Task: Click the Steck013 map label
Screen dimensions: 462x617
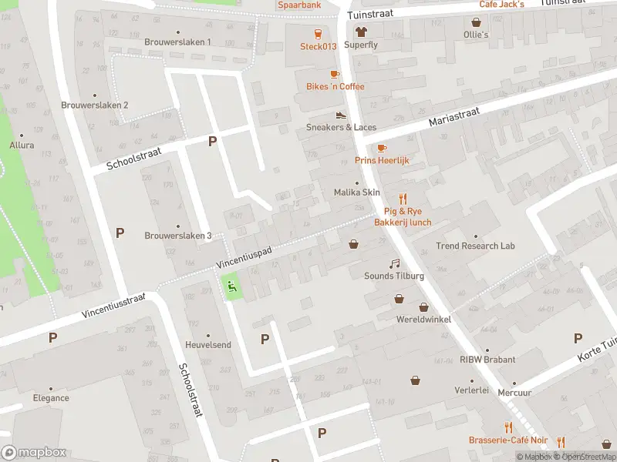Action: [x=319, y=46]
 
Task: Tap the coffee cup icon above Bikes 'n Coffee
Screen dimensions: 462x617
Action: [x=335, y=74]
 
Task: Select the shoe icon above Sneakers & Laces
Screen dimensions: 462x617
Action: [x=341, y=115]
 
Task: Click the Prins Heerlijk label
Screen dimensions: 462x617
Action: [x=382, y=160]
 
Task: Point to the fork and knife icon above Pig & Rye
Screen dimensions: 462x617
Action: [x=402, y=198]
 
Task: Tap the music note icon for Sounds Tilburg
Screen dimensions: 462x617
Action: [x=395, y=263]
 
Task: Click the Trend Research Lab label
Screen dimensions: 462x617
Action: [x=475, y=246]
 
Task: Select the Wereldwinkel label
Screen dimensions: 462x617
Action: [x=423, y=319]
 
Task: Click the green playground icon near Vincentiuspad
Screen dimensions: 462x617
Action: [x=231, y=287]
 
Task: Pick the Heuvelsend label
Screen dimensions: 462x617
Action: [x=207, y=345]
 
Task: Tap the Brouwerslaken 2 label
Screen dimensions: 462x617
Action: [x=95, y=105]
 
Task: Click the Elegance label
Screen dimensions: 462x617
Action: [x=51, y=398]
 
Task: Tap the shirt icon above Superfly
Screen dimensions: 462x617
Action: [x=361, y=32]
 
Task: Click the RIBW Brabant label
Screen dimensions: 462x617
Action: [x=487, y=359]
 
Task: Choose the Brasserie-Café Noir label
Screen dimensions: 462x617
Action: [x=508, y=440]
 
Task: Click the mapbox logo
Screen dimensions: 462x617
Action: [x=34, y=453]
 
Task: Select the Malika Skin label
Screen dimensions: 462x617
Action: [x=356, y=192]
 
